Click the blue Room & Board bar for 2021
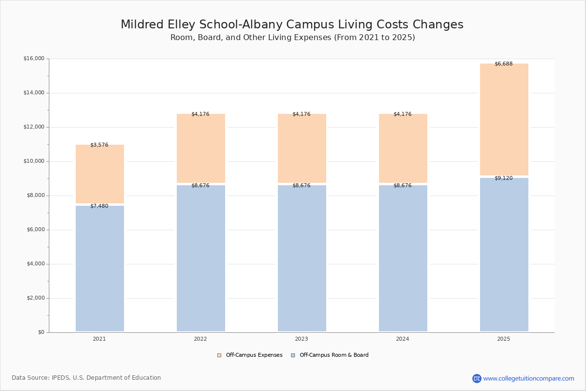(x=100, y=268)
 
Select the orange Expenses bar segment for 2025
(x=504, y=119)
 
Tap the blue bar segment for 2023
(x=302, y=258)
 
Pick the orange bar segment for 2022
(x=201, y=148)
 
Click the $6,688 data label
(x=503, y=64)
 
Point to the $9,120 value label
(x=503, y=178)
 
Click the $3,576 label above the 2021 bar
(x=100, y=145)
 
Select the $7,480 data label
(x=100, y=206)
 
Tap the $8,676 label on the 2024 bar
(x=402, y=185)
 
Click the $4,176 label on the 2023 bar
(x=301, y=114)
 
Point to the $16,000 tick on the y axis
(x=34, y=58)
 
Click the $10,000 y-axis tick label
(x=34, y=161)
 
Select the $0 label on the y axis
(x=42, y=332)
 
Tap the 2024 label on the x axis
(x=402, y=339)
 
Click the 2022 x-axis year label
(x=200, y=339)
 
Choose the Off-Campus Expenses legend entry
(x=250, y=355)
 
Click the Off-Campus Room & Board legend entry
(x=330, y=355)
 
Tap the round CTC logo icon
(x=477, y=378)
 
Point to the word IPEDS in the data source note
(x=61, y=378)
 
